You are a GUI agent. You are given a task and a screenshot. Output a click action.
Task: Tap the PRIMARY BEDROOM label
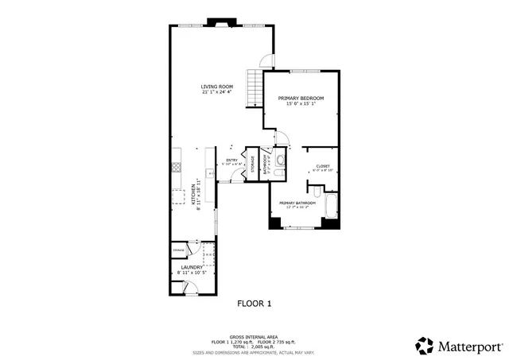coord(301,99)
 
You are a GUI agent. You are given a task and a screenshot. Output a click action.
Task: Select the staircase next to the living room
coord(254,88)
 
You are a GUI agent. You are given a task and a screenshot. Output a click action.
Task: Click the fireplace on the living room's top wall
coord(216,22)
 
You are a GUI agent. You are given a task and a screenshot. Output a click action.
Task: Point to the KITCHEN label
coord(192,193)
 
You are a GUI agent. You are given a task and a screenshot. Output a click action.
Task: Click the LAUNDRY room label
coord(191,267)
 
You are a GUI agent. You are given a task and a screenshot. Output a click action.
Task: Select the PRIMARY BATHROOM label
coord(297,203)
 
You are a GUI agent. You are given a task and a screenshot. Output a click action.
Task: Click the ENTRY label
coord(232,161)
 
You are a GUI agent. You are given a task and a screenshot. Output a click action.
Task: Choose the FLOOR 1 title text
coord(254,304)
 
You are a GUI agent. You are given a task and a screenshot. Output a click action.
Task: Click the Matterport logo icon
coord(425,345)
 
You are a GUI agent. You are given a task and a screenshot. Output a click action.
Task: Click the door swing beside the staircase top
coord(268,60)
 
